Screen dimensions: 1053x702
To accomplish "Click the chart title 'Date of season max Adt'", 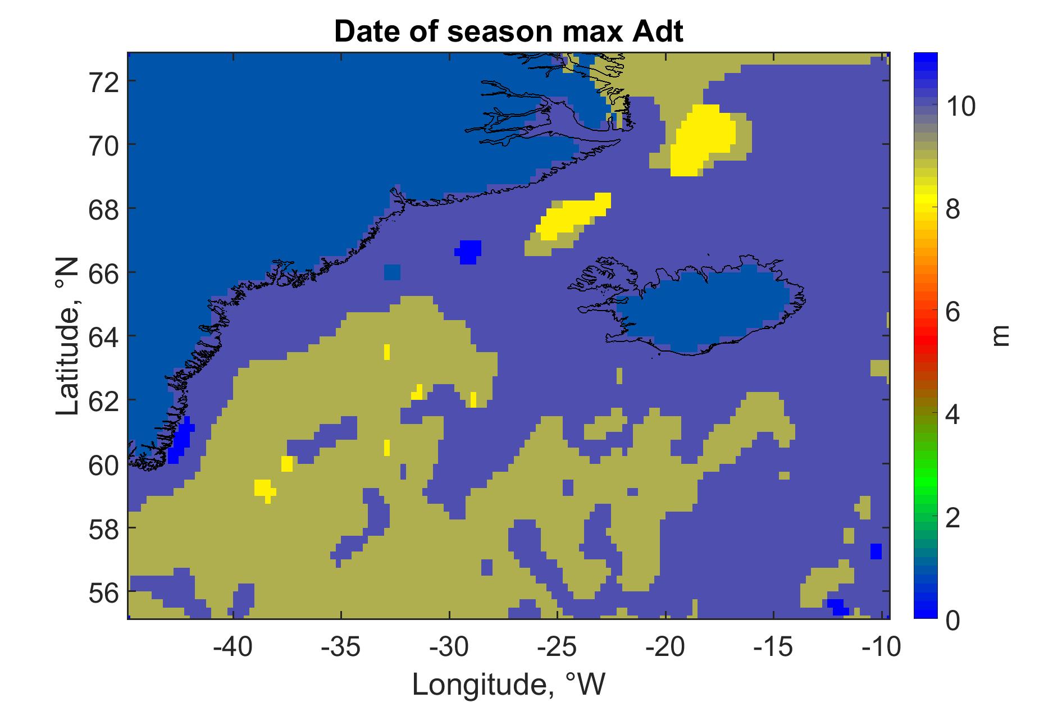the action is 508,31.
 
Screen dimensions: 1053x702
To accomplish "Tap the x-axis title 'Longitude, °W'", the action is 509,683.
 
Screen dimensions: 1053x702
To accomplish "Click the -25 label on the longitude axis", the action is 557,647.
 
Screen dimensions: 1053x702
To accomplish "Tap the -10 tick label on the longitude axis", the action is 881,647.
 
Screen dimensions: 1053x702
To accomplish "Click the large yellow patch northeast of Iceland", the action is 703,140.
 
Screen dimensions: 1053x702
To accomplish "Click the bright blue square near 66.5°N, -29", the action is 468,252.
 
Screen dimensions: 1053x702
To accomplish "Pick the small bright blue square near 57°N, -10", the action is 876,551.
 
